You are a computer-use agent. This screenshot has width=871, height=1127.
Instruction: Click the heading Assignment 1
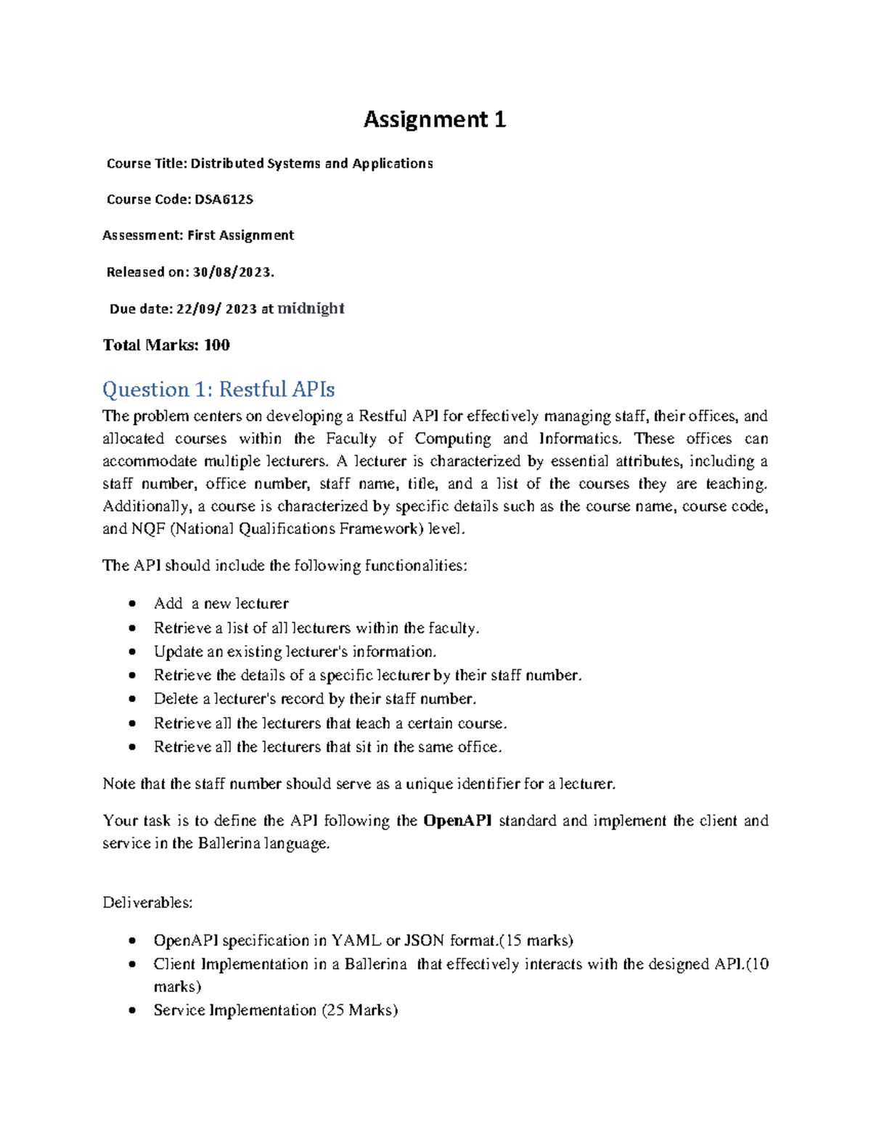434,119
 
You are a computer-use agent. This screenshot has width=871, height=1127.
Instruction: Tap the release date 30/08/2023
233,272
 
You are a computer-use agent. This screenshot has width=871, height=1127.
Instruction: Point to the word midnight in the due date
311,308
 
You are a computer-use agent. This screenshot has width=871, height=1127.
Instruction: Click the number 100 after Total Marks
216,345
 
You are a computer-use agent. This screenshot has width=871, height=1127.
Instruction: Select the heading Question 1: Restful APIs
218,390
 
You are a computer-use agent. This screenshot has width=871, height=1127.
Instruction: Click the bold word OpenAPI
457,821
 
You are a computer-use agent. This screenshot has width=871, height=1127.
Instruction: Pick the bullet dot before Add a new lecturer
131,604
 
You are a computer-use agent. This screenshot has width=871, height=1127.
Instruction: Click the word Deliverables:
147,903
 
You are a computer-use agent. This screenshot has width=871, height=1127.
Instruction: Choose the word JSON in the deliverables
424,940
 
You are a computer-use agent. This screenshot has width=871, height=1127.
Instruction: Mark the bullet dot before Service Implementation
131,1011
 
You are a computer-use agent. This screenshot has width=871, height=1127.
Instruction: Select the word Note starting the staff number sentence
118,784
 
